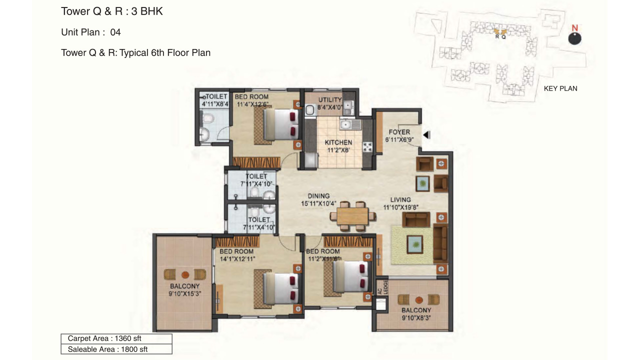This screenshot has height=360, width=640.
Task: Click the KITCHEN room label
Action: (x=338, y=142)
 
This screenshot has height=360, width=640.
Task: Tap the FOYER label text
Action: (x=399, y=132)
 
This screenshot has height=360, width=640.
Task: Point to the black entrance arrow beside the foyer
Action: (x=427, y=134)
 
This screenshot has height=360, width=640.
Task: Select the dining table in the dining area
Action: (x=352, y=216)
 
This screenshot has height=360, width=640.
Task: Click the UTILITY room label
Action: (x=330, y=99)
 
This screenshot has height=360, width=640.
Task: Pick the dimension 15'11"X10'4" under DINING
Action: (x=318, y=203)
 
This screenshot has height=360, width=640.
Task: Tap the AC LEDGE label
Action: (x=382, y=287)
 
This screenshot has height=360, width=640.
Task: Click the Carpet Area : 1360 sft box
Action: (x=116, y=338)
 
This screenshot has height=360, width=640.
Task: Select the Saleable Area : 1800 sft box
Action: (x=116, y=349)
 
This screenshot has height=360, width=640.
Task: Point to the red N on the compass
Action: (x=575, y=28)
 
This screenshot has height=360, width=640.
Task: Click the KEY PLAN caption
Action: (x=560, y=88)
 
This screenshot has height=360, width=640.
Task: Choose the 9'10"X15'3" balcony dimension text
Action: (x=185, y=293)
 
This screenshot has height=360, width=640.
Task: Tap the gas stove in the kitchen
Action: (x=367, y=147)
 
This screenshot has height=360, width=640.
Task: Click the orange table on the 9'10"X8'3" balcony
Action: (x=419, y=300)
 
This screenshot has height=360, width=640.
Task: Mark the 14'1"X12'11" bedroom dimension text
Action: (x=237, y=259)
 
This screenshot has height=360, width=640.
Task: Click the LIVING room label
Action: (x=400, y=199)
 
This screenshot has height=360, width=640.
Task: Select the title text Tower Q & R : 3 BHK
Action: (x=112, y=11)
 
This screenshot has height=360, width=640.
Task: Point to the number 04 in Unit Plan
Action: (x=115, y=32)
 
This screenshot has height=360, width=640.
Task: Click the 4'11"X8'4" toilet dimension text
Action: (x=215, y=104)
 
